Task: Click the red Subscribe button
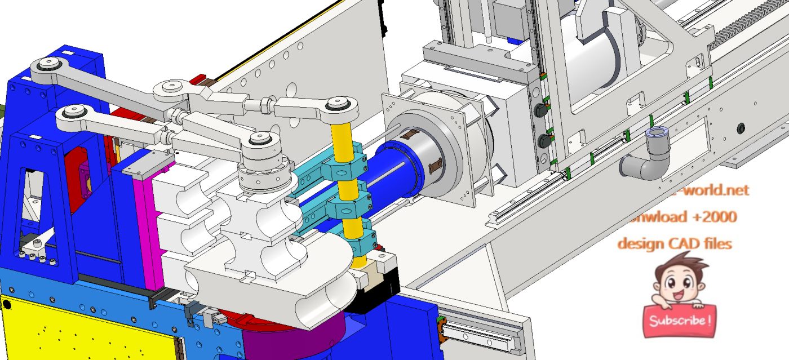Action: click(x=679, y=321)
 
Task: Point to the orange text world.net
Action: click(x=719, y=190)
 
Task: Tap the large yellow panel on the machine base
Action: click(x=85, y=330)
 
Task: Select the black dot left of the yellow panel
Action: click(x=7, y=305)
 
